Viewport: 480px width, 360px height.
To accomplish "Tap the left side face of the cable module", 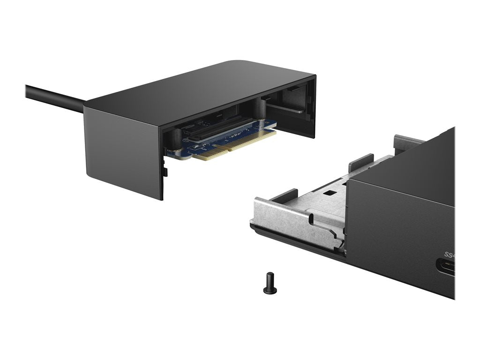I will (124, 150).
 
